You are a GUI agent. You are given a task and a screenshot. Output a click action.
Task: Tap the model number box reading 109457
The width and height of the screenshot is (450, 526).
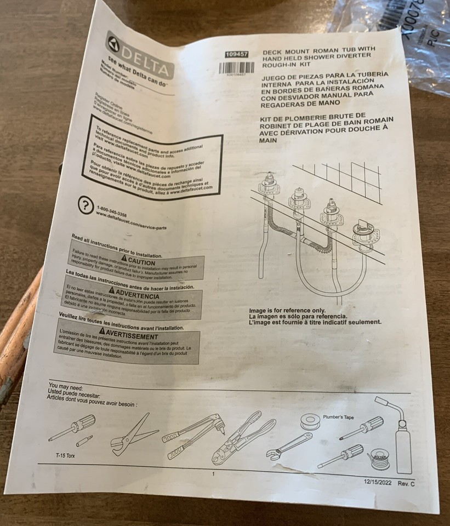(x=236, y=54)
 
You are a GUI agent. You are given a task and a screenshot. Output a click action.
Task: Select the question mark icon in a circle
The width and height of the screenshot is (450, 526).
(x=85, y=205)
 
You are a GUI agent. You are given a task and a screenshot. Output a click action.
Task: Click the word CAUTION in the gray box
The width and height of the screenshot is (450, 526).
(x=141, y=261)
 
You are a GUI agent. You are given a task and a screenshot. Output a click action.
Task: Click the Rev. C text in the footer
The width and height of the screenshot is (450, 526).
(x=406, y=484)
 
